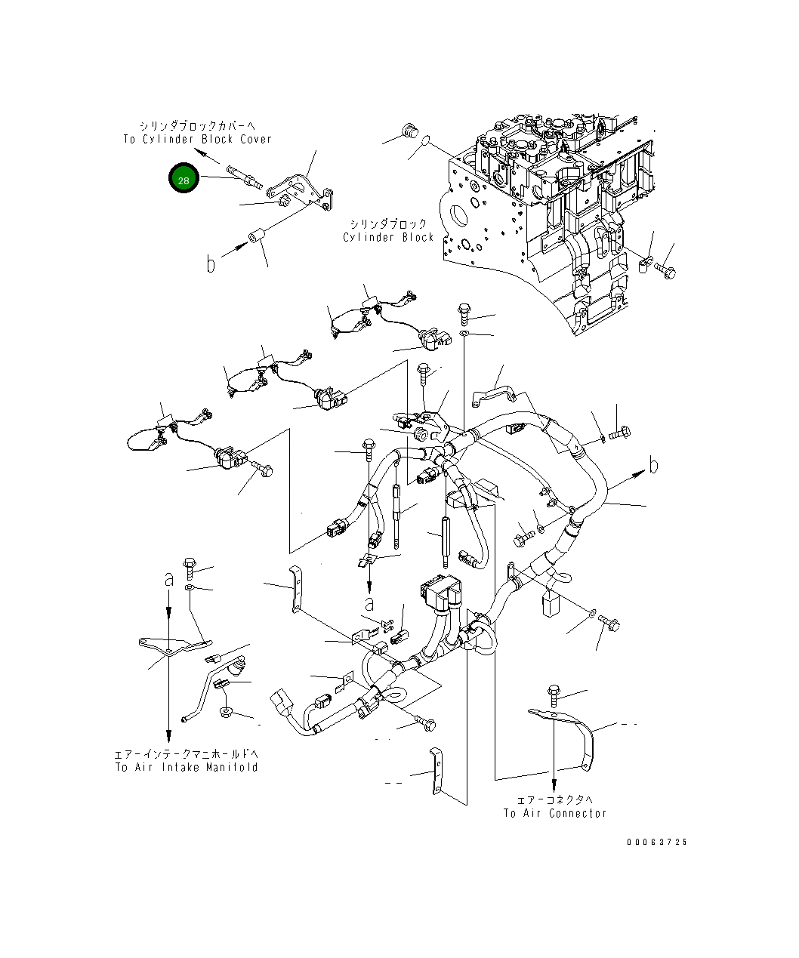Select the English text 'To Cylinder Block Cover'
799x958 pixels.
tap(197, 139)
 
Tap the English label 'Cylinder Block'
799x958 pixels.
tap(388, 237)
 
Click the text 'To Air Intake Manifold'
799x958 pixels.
tap(187, 767)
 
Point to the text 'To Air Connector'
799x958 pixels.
tap(555, 813)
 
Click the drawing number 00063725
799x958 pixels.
tap(656, 842)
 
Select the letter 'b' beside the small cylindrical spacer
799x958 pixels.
tap(211, 263)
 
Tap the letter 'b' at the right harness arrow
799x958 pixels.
tap(653, 465)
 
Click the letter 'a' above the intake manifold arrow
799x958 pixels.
tap(169, 579)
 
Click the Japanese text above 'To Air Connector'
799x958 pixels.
tap(555, 799)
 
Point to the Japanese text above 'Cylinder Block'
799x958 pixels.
tap(388, 223)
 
